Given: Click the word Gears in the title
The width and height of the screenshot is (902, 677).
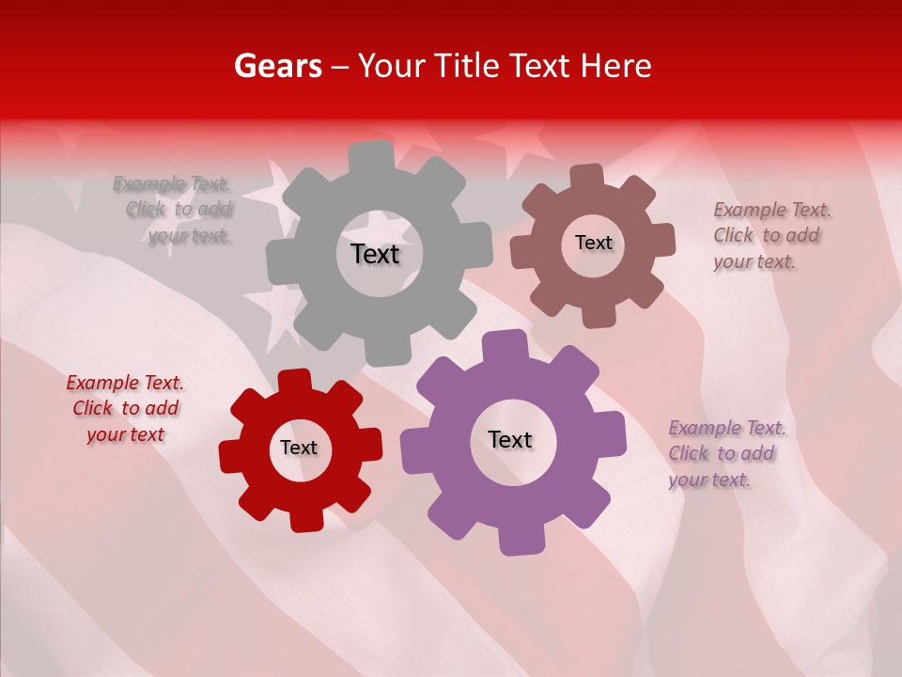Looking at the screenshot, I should [x=276, y=66].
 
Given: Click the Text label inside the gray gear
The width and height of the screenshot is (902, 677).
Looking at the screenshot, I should [x=375, y=254].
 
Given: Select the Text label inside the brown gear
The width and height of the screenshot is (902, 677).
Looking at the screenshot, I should [x=593, y=243].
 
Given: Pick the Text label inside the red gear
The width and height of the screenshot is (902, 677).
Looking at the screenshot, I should [x=299, y=448].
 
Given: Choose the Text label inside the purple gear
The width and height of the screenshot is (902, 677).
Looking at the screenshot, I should [x=510, y=439].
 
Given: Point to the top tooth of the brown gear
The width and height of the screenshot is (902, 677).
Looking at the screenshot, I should [x=586, y=176].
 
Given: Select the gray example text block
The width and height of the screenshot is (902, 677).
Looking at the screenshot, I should [x=174, y=210].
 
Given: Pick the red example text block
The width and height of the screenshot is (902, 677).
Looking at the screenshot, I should [x=125, y=408].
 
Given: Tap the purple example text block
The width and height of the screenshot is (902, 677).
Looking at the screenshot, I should [x=726, y=453].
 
